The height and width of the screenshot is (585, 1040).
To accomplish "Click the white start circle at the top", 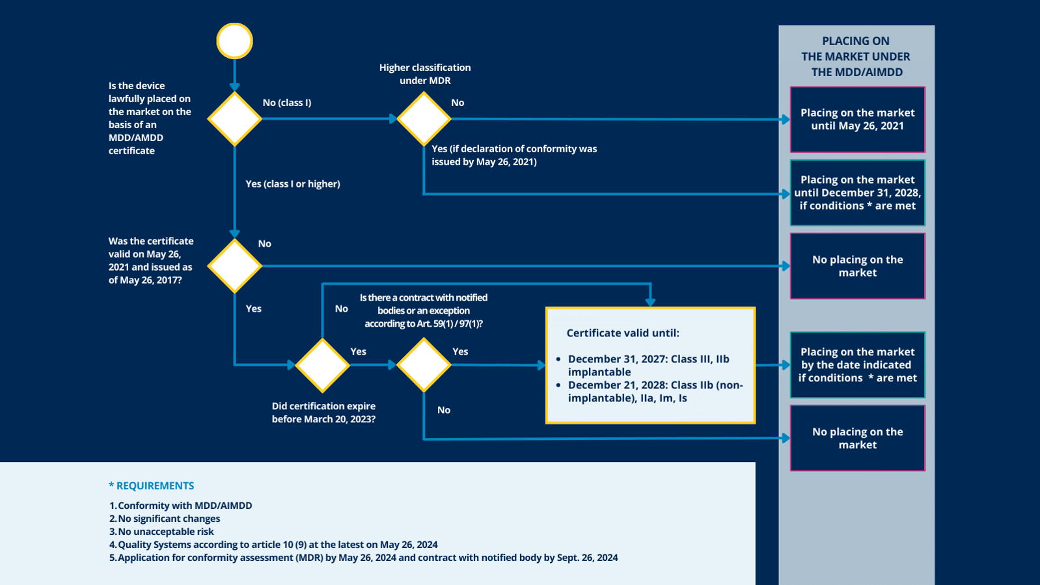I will tap(234, 41).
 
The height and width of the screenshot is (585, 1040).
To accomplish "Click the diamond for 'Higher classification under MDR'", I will tap(424, 118).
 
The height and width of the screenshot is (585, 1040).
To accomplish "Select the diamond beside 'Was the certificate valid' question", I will tap(234, 265).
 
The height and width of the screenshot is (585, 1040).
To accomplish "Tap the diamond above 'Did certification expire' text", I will tap(322, 365).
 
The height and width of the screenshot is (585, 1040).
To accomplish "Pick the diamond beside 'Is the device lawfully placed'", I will tap(234, 118).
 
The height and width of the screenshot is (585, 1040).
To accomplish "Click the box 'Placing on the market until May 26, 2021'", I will tap(857, 120).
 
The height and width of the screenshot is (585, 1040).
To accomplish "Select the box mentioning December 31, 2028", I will tap(857, 193).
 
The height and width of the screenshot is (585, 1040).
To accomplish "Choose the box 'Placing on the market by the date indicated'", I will tap(857, 365).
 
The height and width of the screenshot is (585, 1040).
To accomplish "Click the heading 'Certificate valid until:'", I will tap(623, 333).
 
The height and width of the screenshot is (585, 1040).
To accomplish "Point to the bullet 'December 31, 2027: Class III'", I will tap(648, 365).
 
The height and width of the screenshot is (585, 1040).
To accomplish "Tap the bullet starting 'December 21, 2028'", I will tap(654, 391).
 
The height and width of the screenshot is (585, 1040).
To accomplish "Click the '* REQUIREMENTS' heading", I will tap(152, 486).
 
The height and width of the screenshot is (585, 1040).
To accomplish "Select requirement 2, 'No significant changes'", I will tap(169, 519).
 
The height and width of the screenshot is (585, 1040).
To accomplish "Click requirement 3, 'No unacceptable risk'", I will tap(165, 532).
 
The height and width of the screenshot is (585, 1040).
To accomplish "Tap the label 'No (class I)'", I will tap(286, 103).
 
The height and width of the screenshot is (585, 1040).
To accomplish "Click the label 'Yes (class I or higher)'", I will tap(293, 184).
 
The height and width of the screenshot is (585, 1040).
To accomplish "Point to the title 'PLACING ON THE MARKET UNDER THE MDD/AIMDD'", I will tap(856, 57).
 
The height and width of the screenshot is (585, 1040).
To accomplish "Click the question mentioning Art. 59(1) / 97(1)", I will tap(423, 310).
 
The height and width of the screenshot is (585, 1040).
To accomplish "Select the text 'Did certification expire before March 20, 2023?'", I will tap(323, 413).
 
